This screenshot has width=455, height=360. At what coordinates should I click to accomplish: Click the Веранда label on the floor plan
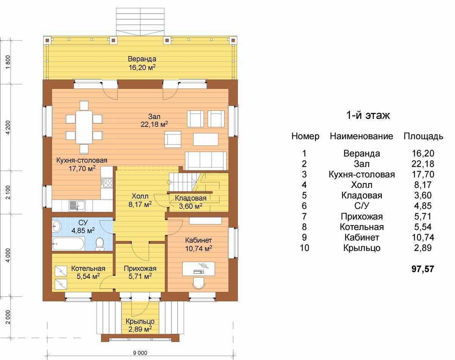(x=142, y=59)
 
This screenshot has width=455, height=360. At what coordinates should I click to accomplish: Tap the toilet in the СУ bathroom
(x=100, y=244)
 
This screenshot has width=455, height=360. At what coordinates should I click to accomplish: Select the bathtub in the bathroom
(x=68, y=244)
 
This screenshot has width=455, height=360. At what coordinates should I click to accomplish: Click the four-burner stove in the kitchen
(x=107, y=183)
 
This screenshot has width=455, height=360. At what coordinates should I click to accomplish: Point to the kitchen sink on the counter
(x=77, y=206)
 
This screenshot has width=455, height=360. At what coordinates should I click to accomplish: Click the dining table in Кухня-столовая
(x=84, y=127)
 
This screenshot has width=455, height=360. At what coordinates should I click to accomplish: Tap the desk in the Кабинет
(x=199, y=268)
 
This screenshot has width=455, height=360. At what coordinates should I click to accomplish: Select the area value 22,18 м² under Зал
(x=154, y=124)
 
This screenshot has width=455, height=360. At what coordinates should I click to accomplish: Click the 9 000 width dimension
(x=140, y=353)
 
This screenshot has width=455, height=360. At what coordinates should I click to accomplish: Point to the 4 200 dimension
(x=8, y=127)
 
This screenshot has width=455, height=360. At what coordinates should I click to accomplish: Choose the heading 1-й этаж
(x=368, y=116)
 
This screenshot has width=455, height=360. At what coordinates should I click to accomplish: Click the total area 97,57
(x=423, y=269)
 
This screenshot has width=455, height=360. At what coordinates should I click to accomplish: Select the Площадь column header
(x=423, y=136)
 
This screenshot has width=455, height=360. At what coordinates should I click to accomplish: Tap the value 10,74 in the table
(x=423, y=237)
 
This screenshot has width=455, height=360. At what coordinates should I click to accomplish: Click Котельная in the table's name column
(x=362, y=227)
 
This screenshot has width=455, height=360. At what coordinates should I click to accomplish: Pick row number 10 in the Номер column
(x=304, y=248)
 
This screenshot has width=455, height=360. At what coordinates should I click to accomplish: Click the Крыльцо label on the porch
(x=140, y=321)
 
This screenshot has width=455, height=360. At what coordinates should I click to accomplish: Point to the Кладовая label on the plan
(x=190, y=198)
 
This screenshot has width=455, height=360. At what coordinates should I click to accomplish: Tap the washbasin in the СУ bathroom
(x=56, y=226)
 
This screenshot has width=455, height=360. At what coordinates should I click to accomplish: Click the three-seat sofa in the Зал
(x=206, y=161)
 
